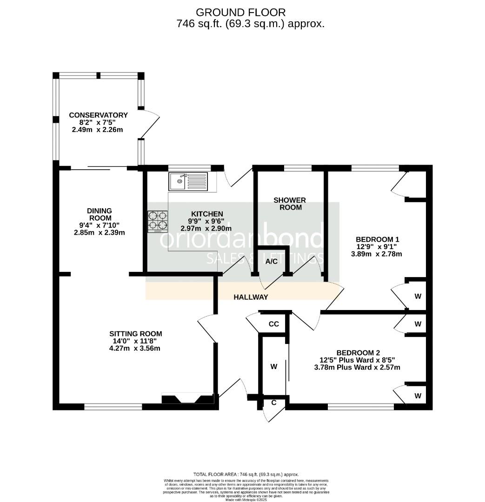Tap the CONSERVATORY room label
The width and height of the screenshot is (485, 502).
click(x=98, y=115)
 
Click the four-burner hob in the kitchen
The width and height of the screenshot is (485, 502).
click(x=158, y=221)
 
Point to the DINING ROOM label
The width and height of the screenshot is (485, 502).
click(x=100, y=214)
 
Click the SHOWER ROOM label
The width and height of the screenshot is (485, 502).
click(x=290, y=204)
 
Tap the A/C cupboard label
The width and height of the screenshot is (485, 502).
click(x=272, y=261)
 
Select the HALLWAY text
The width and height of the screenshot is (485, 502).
click(x=251, y=297)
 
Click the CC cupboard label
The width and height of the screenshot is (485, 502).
click(x=274, y=324)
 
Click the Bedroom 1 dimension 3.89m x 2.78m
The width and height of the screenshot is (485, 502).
click(x=376, y=254)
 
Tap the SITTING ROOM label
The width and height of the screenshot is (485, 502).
click(x=135, y=333)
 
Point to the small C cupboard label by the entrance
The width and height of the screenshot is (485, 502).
click(x=274, y=403)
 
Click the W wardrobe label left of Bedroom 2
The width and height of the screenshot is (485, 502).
click(x=274, y=367)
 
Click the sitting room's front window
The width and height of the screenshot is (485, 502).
click(x=113, y=407)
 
